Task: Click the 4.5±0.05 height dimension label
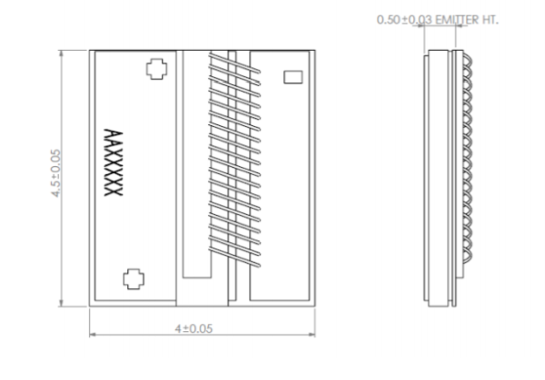[x=56, y=173]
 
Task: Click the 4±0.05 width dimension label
[x=193, y=328]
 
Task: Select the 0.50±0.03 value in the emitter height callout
[x=404, y=20]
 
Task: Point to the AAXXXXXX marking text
[x=114, y=162]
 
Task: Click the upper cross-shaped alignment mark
[x=156, y=69]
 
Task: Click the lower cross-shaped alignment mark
[x=134, y=278]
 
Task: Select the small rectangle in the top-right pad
[x=293, y=77]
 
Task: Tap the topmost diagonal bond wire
[x=234, y=63]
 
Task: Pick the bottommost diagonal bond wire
[x=234, y=258]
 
